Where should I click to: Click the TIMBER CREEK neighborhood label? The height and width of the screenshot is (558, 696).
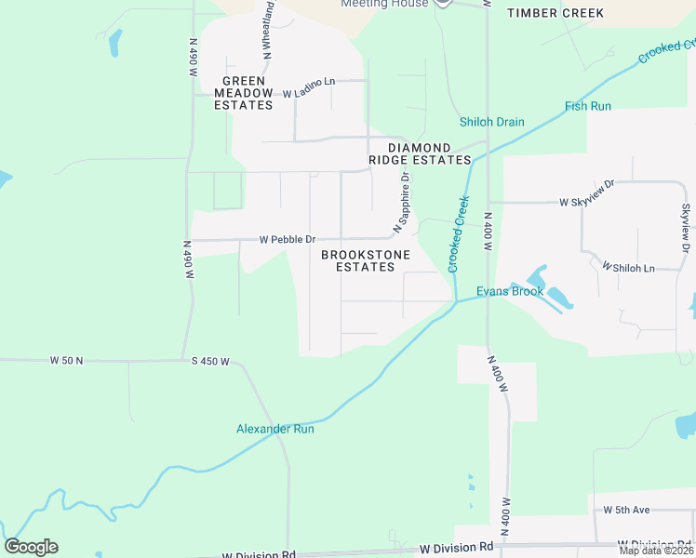pos(555,13)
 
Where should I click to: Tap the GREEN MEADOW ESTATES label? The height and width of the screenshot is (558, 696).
pos(244,93)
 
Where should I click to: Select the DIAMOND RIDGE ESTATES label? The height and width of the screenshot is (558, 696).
pos(420,154)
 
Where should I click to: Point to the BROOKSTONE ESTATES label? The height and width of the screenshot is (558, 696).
pos(358,260)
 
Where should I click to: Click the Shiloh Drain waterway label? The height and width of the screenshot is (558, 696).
pos(492,122)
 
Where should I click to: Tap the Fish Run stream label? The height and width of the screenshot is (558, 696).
pos(588,106)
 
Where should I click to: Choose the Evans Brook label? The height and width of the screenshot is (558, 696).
pos(510,291)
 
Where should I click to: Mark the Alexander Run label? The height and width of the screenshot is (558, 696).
pos(275,429)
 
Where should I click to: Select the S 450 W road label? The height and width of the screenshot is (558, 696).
pos(210,361)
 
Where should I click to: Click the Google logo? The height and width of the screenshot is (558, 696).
pos(31,547)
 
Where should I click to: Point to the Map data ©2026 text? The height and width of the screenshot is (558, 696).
pos(656,551)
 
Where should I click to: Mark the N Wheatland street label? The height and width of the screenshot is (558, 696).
pos(268,30)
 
